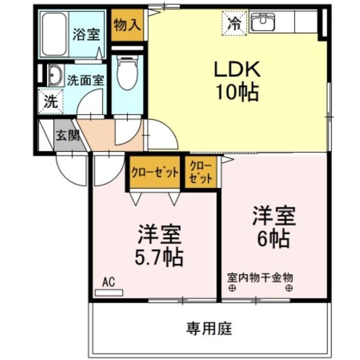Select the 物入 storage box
pyautogui.click(x=127, y=25)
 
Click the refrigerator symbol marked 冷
pyautogui.click(x=234, y=22)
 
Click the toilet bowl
pyautogui.click(x=127, y=74)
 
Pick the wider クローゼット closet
pyautogui.click(x=155, y=172)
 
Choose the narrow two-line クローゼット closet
pyautogui.click(x=201, y=171)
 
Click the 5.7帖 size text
pyautogui.click(x=159, y=257)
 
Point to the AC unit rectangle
pyautogui.click(x=109, y=292)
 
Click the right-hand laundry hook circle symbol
pyautogui.click(x=289, y=288)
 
